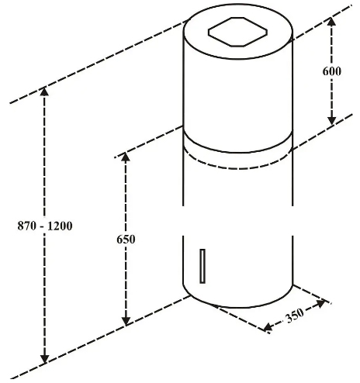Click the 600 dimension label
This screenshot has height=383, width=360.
332,71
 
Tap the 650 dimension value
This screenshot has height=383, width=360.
126,240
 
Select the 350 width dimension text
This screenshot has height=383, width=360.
295,316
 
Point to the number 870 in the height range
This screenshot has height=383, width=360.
26,226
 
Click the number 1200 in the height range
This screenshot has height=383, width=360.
60,226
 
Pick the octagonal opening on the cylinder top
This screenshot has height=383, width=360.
237,32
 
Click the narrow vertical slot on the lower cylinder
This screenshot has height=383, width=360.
202,266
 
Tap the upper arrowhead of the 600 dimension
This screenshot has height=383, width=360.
332,22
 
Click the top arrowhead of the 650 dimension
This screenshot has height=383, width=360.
126,157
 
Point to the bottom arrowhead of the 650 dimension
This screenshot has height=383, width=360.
126,321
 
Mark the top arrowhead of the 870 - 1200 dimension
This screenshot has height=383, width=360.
44,91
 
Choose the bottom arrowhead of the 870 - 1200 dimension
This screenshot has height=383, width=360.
45,359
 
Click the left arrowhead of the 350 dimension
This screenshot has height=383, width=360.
268,327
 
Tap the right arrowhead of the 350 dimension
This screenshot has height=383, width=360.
320,303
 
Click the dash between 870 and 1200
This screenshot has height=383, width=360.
42,227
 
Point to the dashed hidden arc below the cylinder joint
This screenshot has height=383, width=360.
237,169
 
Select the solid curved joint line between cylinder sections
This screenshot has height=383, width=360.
237,153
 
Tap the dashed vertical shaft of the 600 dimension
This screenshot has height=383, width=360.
332,71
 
